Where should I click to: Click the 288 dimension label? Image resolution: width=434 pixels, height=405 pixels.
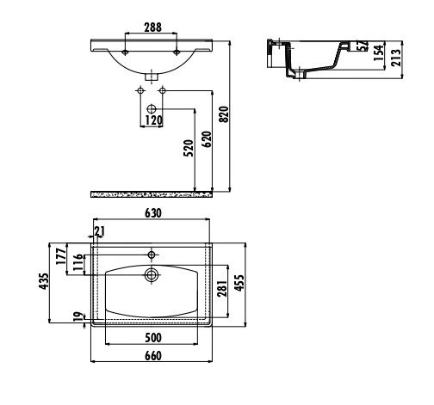[152, 28]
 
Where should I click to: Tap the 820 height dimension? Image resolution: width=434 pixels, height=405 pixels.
[224, 114]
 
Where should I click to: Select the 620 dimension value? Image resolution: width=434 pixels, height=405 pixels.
[207, 139]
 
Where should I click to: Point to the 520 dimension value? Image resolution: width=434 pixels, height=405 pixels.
[189, 148]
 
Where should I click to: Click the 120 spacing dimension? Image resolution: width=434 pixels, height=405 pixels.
[153, 120]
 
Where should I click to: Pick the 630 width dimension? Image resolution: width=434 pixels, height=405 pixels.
[153, 213]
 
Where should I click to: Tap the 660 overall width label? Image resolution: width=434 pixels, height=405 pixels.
[153, 356]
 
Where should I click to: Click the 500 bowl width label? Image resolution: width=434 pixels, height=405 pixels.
[153, 338]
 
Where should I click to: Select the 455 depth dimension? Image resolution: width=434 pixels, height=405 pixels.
[239, 283]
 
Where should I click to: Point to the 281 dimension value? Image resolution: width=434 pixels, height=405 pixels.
[222, 289]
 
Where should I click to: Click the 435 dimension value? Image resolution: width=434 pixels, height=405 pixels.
[44, 281]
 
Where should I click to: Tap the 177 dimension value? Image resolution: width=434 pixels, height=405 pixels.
[61, 256]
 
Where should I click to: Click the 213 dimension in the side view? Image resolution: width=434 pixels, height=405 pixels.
[396, 58]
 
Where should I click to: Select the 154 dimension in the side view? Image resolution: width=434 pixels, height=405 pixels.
[378, 52]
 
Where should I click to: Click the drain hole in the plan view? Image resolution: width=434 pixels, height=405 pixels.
[152, 274]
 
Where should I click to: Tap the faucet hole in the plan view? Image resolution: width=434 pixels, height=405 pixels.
[152, 255]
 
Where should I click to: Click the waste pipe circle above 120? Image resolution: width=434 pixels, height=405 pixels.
[152, 109]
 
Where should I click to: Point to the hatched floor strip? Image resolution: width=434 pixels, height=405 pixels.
[152, 195]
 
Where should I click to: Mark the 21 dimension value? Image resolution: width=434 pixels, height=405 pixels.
[99, 231]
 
